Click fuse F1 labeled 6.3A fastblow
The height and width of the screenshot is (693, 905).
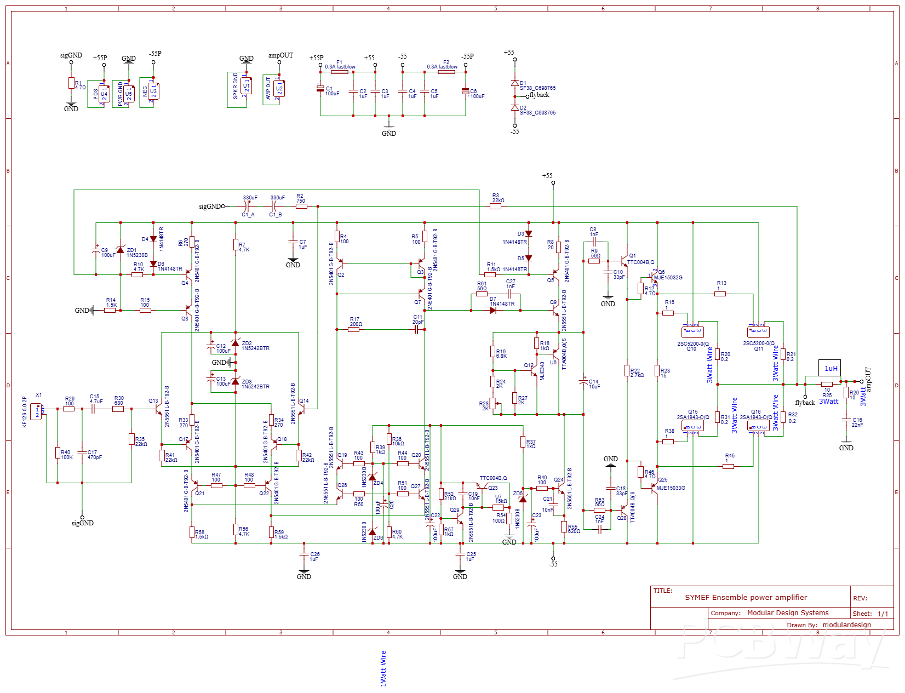tap(342, 72)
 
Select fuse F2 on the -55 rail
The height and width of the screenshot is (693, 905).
tap(446, 72)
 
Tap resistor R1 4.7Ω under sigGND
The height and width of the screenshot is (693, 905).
tap(71, 83)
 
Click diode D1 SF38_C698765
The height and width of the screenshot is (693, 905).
tap(514, 83)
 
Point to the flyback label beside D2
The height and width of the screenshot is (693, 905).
tap(539, 95)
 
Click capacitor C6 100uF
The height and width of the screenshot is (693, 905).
tap(466, 91)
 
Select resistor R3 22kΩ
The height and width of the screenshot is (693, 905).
tap(496, 206)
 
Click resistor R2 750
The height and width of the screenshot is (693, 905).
tap(301, 206)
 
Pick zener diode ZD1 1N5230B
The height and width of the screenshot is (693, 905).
tap(121, 250)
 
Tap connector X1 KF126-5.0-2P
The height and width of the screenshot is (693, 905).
tap(36, 411)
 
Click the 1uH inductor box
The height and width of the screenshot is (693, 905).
tap(830, 368)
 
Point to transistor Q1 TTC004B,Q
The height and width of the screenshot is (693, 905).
tap(625, 259)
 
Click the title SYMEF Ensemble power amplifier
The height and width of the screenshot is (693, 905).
tap(746, 598)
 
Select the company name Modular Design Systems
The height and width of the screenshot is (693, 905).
tap(788, 613)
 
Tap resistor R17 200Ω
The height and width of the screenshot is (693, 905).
tap(354, 329)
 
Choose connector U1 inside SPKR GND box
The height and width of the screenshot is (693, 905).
tap(246, 86)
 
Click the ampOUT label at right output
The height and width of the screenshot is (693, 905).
tap(868, 379)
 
